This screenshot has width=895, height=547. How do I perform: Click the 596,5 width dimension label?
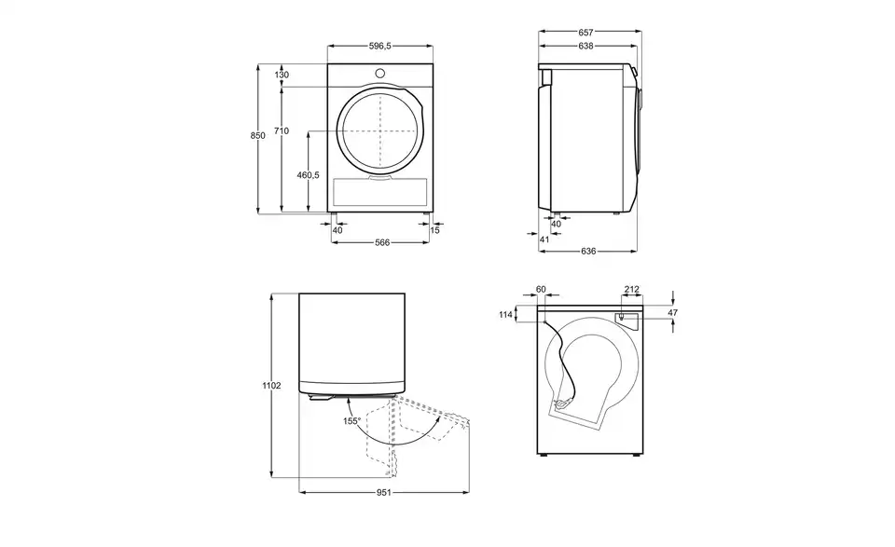[380, 47]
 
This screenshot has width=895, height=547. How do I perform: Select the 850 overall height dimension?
[257, 136]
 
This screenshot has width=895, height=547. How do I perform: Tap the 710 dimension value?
[282, 130]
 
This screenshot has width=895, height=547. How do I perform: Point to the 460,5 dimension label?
[309, 175]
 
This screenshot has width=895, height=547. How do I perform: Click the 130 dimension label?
[282, 75]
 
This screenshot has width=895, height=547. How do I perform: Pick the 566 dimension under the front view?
[382, 242]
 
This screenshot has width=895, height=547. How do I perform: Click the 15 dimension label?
[435, 230]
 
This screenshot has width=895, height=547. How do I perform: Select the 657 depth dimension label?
[585, 33]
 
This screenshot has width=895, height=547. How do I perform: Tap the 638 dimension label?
[585, 47]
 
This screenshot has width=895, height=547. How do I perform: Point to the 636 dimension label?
[588, 251]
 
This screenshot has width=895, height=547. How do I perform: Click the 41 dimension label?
[544, 239]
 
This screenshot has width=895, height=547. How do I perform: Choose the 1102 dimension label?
[271, 386]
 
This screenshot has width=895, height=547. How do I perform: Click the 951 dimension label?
[384, 492]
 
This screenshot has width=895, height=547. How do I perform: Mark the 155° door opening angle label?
[351, 421]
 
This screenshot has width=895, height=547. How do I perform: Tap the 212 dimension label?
[632, 289]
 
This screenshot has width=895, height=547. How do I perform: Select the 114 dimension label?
[505, 314]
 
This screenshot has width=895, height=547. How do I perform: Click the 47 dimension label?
[673, 312]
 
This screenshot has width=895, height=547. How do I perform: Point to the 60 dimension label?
[541, 289]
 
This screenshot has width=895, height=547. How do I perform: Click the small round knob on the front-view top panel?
[380, 73]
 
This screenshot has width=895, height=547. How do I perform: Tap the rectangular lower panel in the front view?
[379, 192]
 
